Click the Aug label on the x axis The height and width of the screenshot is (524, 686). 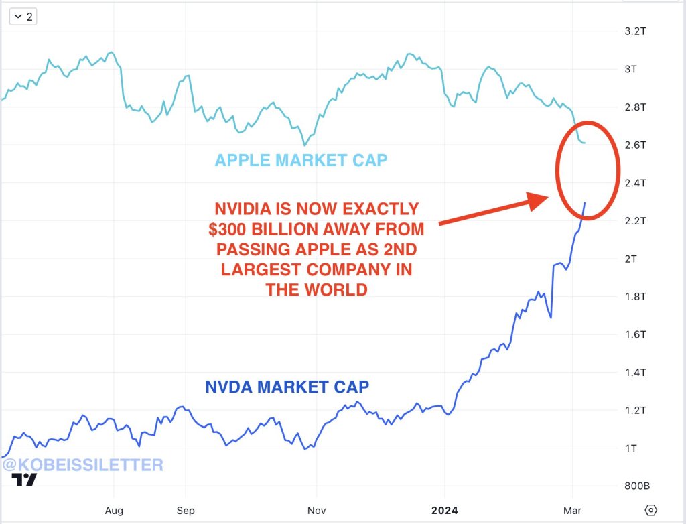115,510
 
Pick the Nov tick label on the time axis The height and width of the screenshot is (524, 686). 318,510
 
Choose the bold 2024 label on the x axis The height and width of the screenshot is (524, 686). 444,510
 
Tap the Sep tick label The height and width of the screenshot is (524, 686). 186,510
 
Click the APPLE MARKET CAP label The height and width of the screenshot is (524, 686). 301,161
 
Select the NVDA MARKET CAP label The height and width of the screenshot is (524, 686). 287,387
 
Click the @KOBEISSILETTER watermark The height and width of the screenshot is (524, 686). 82,464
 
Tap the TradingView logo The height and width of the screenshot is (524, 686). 25,480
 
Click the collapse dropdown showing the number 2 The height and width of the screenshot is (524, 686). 23,17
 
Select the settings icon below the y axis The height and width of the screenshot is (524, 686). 650,509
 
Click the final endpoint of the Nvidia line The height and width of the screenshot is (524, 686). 585,203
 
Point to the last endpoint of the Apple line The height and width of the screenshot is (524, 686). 585,143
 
